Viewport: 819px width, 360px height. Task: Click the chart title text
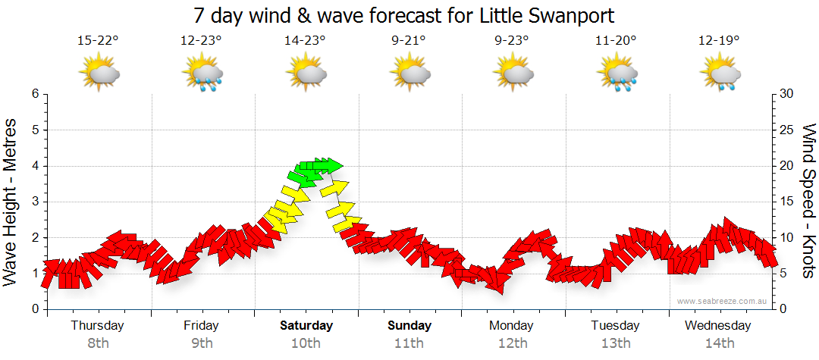point(403,15)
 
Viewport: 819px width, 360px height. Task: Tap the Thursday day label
point(97,325)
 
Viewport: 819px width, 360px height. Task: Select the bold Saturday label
point(306,325)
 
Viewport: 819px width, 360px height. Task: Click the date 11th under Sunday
point(409,343)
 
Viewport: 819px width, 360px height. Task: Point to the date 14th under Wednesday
point(720,343)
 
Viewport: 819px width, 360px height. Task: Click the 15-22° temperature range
point(99,41)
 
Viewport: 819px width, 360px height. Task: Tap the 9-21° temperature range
point(409,41)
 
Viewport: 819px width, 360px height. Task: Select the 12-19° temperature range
point(719,41)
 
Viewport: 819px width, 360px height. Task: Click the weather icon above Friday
point(202,74)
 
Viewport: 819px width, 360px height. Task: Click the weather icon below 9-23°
point(514,74)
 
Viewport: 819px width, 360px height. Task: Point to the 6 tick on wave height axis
point(34,94)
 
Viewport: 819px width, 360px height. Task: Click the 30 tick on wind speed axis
point(787,94)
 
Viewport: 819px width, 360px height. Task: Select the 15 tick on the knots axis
point(786,202)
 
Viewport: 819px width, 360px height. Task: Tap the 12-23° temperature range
point(201,41)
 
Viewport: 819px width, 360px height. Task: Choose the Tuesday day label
point(615,325)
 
